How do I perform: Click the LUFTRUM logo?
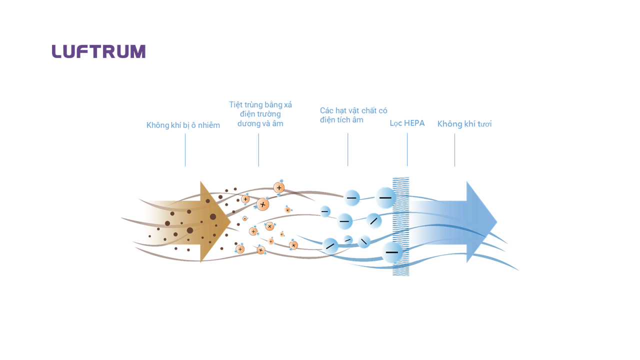[98, 51]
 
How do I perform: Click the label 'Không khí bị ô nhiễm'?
[183, 125]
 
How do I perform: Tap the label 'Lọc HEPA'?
[407, 123]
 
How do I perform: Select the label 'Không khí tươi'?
[464, 123]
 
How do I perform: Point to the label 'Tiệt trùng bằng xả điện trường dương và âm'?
[260, 114]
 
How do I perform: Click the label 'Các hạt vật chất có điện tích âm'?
[353, 115]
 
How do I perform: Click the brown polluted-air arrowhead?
[215, 221]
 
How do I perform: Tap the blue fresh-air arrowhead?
[481, 221]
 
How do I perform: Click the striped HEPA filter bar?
[400, 226]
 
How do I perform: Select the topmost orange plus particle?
[279, 187]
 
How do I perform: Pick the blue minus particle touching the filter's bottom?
[392, 252]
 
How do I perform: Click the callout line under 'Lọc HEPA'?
[407, 149]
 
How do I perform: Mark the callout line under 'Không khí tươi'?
[454, 149]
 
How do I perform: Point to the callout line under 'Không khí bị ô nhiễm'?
[185, 149]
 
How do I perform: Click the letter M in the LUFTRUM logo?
[138, 51]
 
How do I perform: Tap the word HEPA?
[414, 123]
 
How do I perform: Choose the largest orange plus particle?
[262, 204]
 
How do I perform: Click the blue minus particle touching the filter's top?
[385, 197]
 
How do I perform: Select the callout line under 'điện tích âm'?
[347, 149]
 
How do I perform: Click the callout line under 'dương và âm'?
[258, 149]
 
